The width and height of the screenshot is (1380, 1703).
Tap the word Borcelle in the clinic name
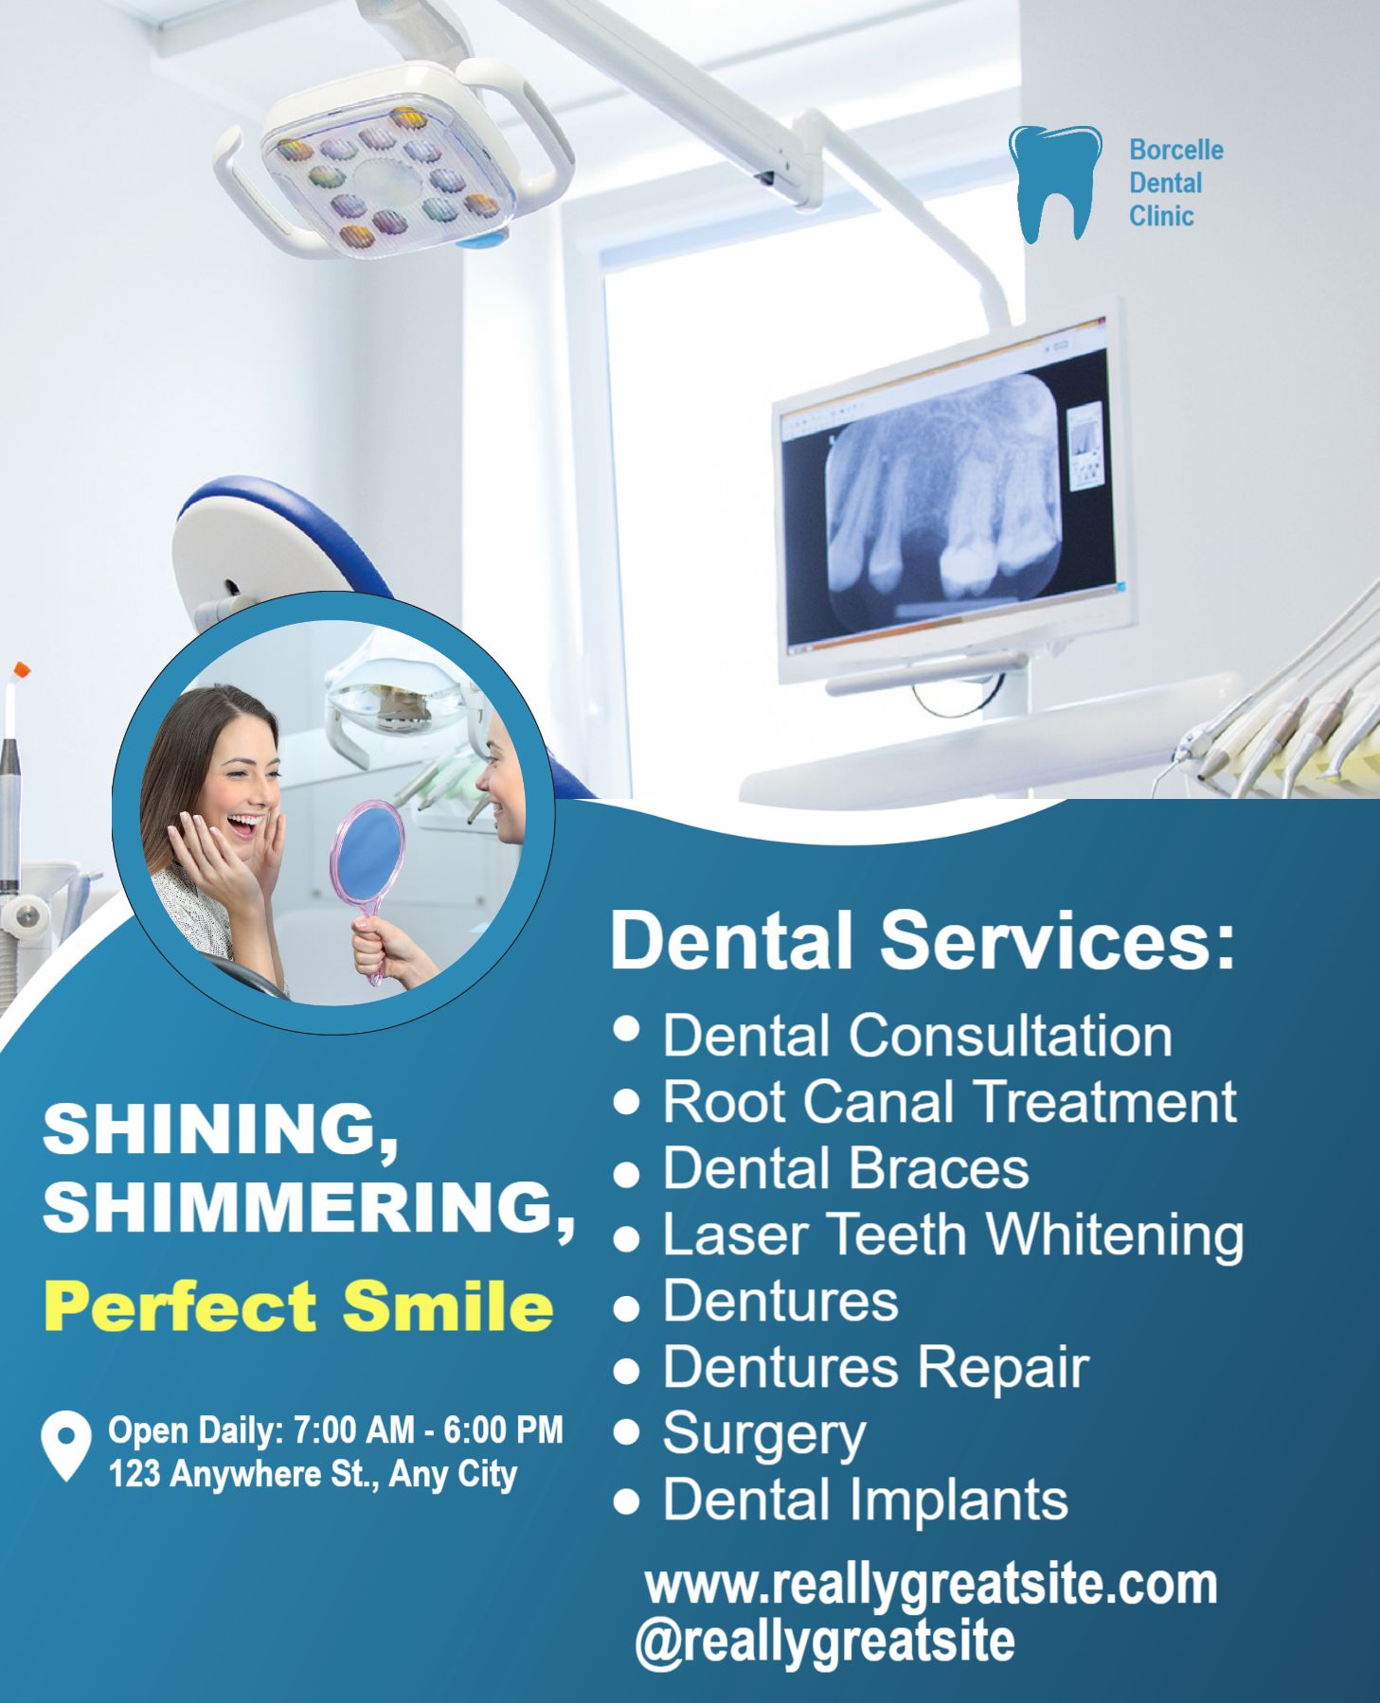(1175, 151)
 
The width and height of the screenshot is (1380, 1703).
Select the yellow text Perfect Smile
(298, 1307)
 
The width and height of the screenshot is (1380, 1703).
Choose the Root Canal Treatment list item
(949, 1102)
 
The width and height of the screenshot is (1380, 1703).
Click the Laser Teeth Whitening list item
(953, 1234)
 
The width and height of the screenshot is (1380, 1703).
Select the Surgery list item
(764, 1435)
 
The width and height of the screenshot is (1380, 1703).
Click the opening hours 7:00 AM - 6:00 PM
(428, 1429)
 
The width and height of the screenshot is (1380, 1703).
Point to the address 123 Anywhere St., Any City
(313, 1474)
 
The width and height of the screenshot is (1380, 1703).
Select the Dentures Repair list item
(876, 1368)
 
